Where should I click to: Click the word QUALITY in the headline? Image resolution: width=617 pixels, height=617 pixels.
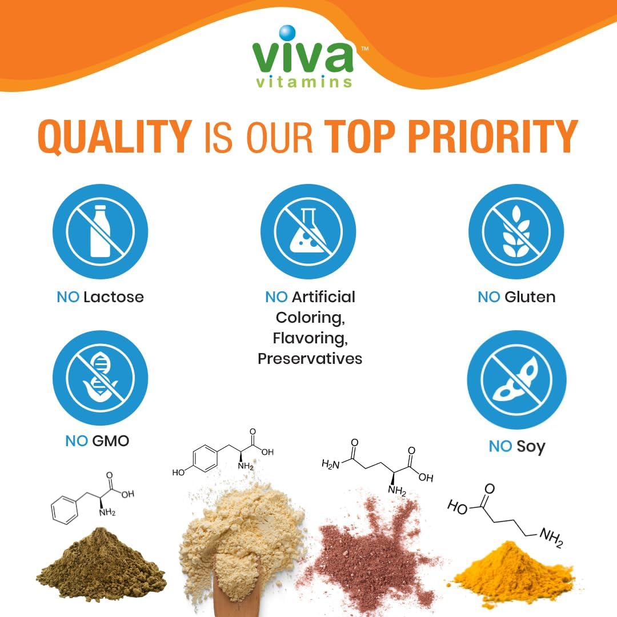(x=115, y=138)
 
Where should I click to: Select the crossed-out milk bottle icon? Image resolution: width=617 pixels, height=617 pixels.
(x=100, y=231)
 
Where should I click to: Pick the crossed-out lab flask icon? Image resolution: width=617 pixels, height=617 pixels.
(x=308, y=231)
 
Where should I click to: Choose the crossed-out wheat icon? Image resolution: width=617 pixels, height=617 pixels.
(x=516, y=231)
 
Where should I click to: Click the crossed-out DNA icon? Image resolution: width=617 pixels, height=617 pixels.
(x=100, y=378)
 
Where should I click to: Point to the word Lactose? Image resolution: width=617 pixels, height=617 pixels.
(x=113, y=297)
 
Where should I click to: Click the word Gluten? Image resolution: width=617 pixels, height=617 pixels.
(x=530, y=297)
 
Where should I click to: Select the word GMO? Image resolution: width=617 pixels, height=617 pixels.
(x=110, y=441)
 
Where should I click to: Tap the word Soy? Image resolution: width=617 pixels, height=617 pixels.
(x=531, y=446)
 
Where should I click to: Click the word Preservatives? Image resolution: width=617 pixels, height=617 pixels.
(x=310, y=359)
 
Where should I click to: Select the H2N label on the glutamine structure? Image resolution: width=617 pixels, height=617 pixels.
(x=332, y=464)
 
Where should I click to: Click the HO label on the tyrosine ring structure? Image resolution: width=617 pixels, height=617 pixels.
(x=178, y=472)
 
